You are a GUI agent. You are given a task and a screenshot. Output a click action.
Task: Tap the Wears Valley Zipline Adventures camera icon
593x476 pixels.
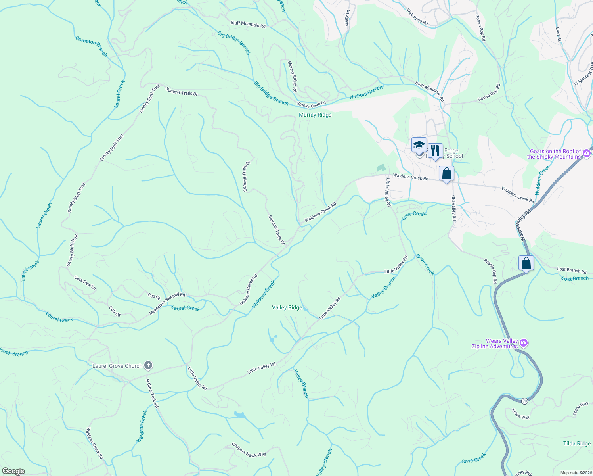[524, 342]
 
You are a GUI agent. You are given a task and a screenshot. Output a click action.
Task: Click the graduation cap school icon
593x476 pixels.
[419, 146]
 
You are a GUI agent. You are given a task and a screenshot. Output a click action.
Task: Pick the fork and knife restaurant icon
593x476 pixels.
[435, 151]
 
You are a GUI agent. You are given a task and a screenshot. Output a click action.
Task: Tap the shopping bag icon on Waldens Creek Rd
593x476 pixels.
[446, 174]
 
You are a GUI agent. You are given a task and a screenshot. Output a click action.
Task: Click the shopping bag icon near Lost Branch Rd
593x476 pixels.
[526, 263]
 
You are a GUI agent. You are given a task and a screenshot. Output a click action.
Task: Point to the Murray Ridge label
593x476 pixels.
[315, 115]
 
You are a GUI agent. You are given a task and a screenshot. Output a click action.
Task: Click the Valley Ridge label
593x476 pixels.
[287, 307]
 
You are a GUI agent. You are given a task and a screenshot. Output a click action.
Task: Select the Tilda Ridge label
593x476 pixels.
[577, 443]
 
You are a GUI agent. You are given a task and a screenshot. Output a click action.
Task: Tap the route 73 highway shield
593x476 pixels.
[524, 401]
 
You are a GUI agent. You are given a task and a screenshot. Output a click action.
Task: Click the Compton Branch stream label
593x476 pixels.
[91, 46]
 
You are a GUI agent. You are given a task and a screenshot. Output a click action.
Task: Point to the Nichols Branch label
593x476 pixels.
[366, 92]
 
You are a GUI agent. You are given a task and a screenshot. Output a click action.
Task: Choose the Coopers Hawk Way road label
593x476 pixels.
[249, 450]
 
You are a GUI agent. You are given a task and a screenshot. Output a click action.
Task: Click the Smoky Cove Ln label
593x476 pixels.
[311, 104]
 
